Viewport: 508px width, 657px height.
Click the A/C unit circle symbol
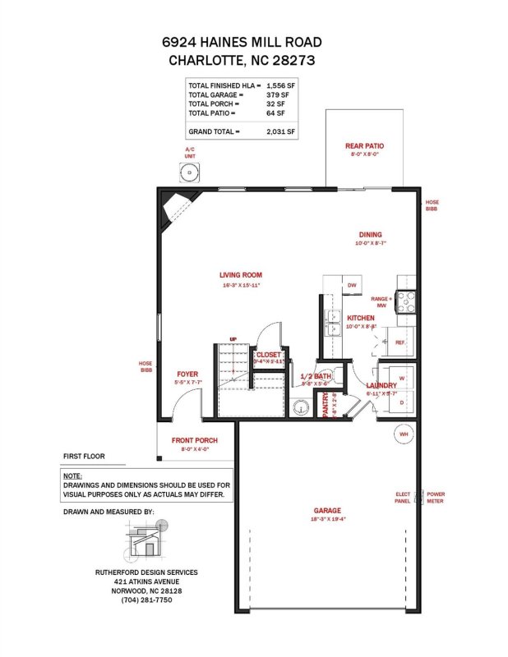[x=190, y=172]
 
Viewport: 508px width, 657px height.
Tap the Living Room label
[x=241, y=275]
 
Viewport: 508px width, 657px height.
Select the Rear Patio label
[x=364, y=146]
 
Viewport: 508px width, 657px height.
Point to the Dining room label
[x=369, y=234]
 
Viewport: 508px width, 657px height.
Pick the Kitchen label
[x=361, y=317]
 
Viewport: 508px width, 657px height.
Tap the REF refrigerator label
[x=400, y=342]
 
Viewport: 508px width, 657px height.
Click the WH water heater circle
[x=404, y=434]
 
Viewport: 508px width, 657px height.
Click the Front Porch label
[x=195, y=440]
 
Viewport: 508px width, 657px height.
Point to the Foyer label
[x=187, y=374]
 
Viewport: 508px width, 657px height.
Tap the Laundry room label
[x=381, y=385]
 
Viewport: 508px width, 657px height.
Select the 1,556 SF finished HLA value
[x=280, y=85]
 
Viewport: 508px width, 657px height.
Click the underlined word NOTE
[x=72, y=476]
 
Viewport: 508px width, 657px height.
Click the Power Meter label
[x=435, y=498]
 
